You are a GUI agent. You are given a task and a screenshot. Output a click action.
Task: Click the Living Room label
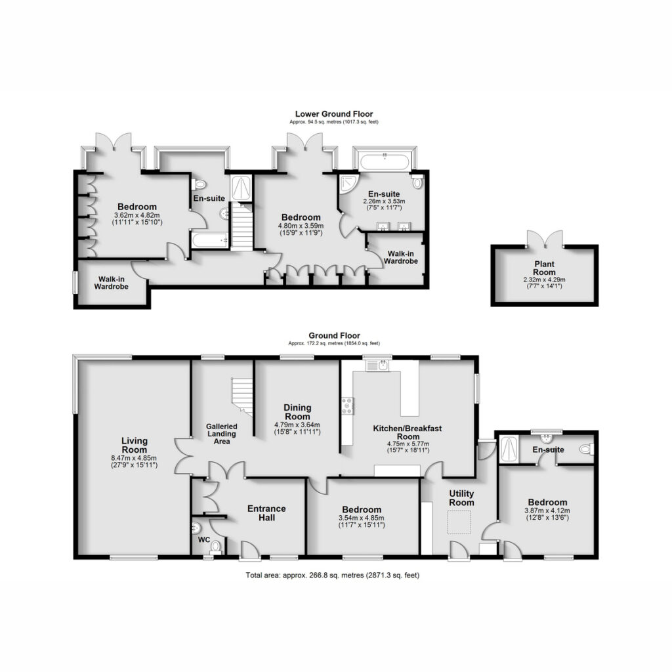click(x=134, y=445)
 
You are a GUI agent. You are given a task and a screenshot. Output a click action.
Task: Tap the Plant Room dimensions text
click(x=544, y=283)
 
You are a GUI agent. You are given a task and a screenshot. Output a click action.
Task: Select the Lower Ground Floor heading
click(x=334, y=114)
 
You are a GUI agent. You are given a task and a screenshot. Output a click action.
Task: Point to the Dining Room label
click(x=297, y=412)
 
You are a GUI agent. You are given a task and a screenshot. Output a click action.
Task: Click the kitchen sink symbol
click(x=378, y=366)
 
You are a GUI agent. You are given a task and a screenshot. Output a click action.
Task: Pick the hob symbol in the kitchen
click(x=348, y=406)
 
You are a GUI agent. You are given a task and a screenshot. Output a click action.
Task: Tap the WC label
click(x=204, y=540)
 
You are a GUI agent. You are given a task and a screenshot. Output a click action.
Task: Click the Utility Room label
click(x=461, y=498)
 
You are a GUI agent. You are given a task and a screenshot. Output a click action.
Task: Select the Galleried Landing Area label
click(x=222, y=434)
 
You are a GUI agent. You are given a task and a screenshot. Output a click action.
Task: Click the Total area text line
click(x=333, y=575)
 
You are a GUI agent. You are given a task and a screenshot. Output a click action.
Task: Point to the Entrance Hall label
click(x=266, y=513)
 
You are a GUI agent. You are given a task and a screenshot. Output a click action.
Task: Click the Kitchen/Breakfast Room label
click(x=407, y=432)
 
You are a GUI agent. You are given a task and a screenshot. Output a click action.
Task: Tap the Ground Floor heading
click(x=334, y=335)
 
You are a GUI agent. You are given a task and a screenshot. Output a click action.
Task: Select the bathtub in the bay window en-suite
click(x=384, y=162)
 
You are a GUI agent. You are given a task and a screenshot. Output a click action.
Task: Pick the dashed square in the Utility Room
click(x=459, y=522)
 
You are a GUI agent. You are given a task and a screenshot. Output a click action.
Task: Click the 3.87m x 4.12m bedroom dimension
click(x=547, y=514)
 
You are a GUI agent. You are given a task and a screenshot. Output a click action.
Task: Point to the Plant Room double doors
click(x=545, y=239)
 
